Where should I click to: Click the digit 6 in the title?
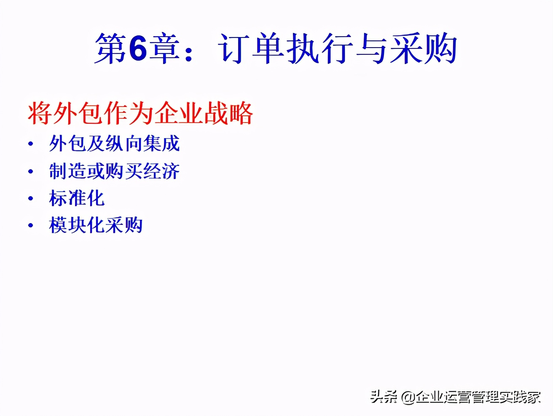point(137,49)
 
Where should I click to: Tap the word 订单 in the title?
point(251,49)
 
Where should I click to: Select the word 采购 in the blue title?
point(423,49)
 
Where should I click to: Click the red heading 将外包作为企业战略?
point(140,113)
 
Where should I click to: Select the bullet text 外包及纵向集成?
point(114,144)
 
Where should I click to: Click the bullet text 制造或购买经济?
point(114,171)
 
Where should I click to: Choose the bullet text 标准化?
point(77,198)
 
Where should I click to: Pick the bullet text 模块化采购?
point(96,225)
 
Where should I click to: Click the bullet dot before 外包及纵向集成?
point(31,144)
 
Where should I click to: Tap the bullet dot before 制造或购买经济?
point(31,172)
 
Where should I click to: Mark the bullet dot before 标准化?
point(31,199)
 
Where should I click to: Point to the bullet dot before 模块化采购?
point(31,226)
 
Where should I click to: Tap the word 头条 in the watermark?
point(384,397)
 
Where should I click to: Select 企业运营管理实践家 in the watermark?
point(478,397)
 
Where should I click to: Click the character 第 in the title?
point(110,49)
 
